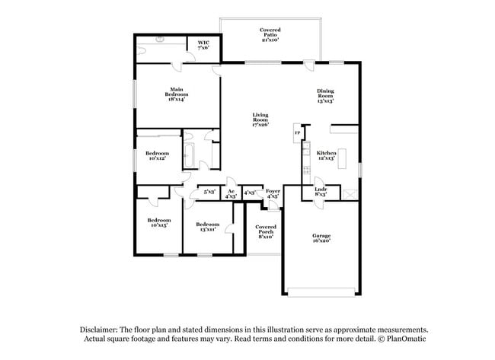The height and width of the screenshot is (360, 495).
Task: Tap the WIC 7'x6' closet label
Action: coord(203,46)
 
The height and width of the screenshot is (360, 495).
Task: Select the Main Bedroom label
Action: coord(176,94)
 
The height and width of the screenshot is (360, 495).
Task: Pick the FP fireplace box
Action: coord(297,134)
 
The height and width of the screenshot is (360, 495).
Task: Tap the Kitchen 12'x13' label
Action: coord(326,155)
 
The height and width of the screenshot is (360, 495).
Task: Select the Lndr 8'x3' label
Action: coord(321,193)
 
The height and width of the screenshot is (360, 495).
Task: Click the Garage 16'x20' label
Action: coord(321,238)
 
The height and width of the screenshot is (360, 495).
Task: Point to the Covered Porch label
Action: coord(265,232)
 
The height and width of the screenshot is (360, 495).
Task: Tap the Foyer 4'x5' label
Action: coord(273,193)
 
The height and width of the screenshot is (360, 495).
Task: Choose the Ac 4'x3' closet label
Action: coord(230,193)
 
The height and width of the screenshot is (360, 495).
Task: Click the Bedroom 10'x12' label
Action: coord(157,155)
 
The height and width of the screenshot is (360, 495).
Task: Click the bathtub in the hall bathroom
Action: coord(190,155)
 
